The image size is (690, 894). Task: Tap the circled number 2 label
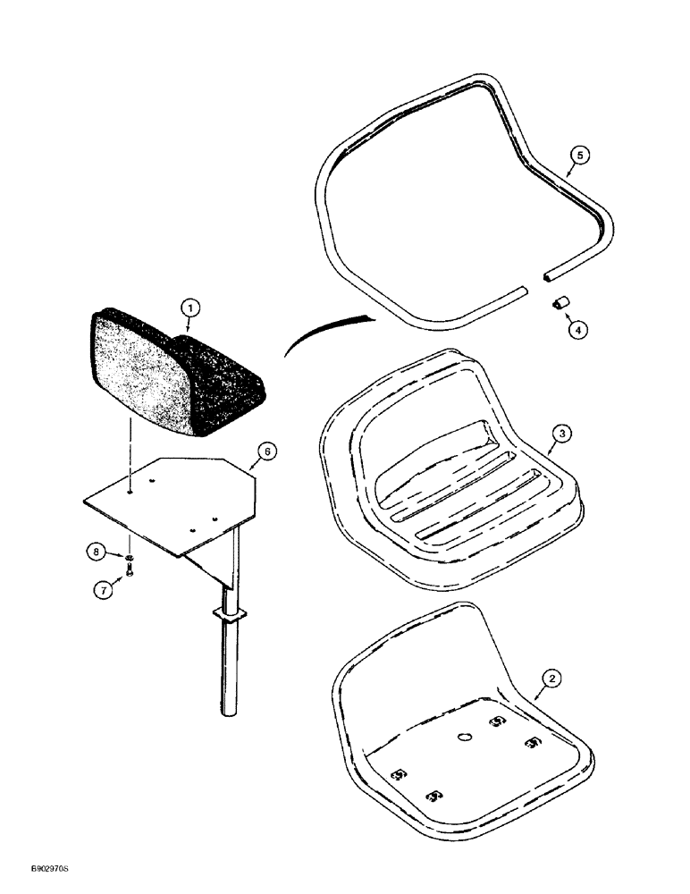(553, 679)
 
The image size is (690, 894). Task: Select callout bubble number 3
(560, 434)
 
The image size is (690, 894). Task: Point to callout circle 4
(578, 327)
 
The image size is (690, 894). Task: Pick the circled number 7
(105, 589)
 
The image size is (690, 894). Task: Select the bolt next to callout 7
(131, 573)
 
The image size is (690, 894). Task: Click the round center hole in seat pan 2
(463, 738)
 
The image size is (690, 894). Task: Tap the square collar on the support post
(231, 616)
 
